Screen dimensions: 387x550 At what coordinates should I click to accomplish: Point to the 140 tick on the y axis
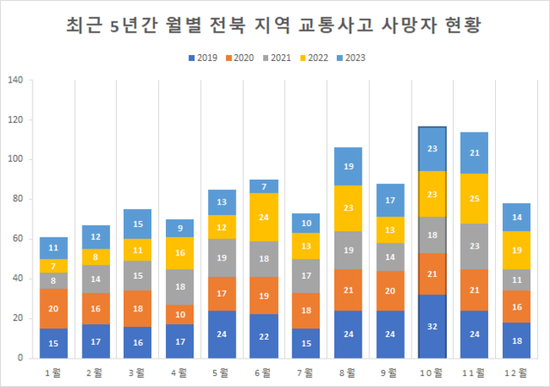pyautogui.click(x=15, y=81)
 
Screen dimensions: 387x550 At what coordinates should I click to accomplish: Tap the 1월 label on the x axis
pyautogui.click(x=53, y=374)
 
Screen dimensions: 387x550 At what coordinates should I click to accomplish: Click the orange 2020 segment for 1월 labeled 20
pyautogui.click(x=53, y=308)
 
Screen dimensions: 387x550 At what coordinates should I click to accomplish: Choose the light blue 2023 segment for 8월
pyautogui.click(x=348, y=167)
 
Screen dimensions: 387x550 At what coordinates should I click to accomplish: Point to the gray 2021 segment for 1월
pyautogui.click(x=53, y=280)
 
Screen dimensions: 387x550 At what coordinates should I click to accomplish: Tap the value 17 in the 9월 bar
pyautogui.click(x=389, y=200)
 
